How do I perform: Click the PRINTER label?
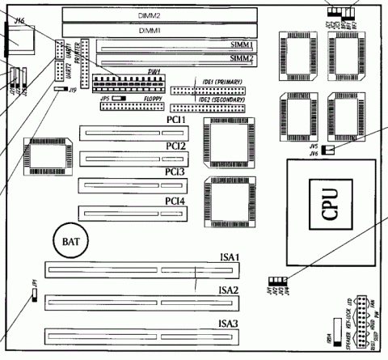coord(78,50)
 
